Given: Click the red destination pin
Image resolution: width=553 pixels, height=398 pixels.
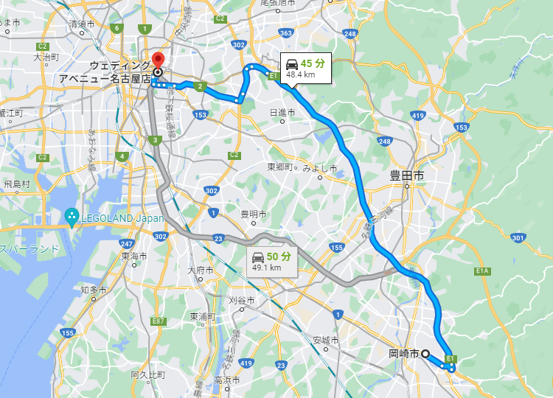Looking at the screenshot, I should [x=156, y=60].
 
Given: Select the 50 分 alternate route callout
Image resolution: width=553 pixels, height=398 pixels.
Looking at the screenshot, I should [x=272, y=261].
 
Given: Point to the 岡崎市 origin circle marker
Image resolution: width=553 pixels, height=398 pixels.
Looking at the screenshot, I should [x=425, y=354].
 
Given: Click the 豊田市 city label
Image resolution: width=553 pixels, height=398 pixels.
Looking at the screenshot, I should [x=407, y=176].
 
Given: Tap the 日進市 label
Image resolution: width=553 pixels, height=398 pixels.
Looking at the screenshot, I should [x=282, y=112].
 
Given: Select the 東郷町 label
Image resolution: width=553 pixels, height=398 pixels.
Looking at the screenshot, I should [x=281, y=167].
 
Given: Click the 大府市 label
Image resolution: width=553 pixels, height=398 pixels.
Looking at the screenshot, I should [x=201, y=270].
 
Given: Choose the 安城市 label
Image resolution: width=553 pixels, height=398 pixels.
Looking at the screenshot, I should [x=325, y=340].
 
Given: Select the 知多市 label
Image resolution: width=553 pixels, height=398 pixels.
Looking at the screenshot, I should [x=94, y=290].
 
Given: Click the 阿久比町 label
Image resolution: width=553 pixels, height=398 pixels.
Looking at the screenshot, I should [x=148, y=374].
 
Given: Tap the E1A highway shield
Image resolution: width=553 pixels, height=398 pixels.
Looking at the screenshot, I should [x=483, y=271].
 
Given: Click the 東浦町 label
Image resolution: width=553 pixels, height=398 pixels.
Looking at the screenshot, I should [x=204, y=316].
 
